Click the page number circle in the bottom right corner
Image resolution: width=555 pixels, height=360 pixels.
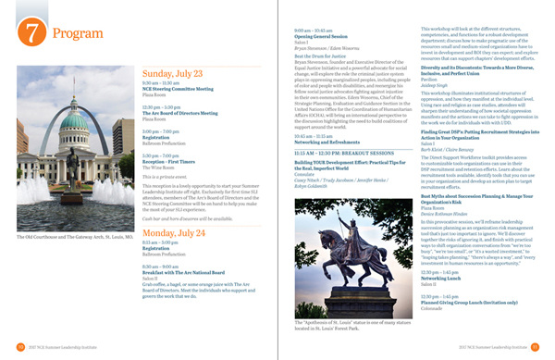point(535,347)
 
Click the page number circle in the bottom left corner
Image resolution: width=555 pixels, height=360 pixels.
point(20,347)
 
